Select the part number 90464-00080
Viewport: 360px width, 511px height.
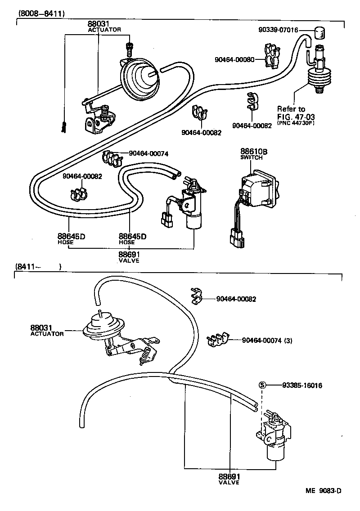(x=234, y=59)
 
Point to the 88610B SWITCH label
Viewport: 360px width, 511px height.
(x=253, y=154)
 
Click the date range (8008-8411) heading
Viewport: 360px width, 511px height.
(x=41, y=13)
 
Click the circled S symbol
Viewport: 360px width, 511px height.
(x=263, y=385)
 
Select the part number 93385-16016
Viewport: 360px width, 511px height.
(x=302, y=385)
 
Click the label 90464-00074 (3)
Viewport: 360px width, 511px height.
(x=267, y=341)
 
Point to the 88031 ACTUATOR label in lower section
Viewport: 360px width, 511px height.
(x=46, y=330)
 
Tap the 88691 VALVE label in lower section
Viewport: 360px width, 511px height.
(x=229, y=479)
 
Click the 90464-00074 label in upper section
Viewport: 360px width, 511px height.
(x=148, y=153)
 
